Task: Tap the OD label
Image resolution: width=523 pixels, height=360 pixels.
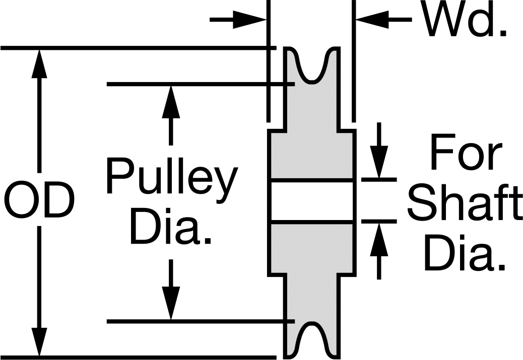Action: point(40,200)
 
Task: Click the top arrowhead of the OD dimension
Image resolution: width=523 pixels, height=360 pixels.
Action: point(39,63)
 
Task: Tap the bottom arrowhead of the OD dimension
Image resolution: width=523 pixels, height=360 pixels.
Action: point(39,342)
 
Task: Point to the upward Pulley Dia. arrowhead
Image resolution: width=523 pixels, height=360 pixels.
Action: point(171,102)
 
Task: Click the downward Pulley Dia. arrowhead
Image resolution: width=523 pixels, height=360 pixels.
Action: point(171,303)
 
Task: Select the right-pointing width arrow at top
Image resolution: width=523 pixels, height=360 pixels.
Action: point(238,20)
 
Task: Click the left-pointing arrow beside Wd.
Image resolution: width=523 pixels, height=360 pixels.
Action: point(384,20)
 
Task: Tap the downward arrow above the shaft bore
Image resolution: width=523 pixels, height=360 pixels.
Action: point(379,151)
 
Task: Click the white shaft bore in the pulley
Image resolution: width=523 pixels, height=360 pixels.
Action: point(312,200)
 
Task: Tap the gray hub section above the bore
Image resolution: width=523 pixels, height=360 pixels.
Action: point(312,155)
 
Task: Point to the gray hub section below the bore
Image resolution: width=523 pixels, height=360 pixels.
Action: point(312,248)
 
